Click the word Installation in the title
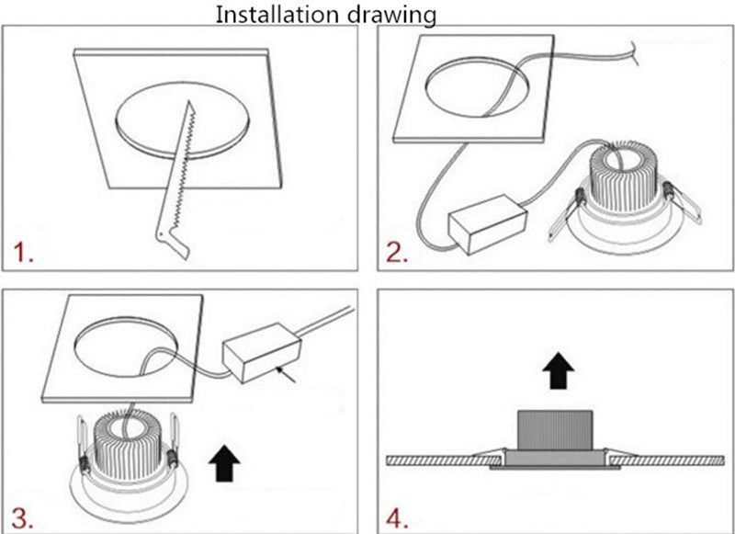tap(278, 15)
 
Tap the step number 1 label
tap(23, 252)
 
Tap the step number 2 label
tap(397, 252)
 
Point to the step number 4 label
tap(397, 518)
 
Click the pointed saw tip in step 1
tap(188, 101)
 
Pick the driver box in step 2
tap(488, 224)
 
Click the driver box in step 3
tap(262, 353)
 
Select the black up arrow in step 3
tap(224, 463)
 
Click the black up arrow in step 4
tap(559, 370)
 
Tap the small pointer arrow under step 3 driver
tap(287, 375)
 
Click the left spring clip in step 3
tap(83, 445)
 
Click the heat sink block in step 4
tap(555, 430)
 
